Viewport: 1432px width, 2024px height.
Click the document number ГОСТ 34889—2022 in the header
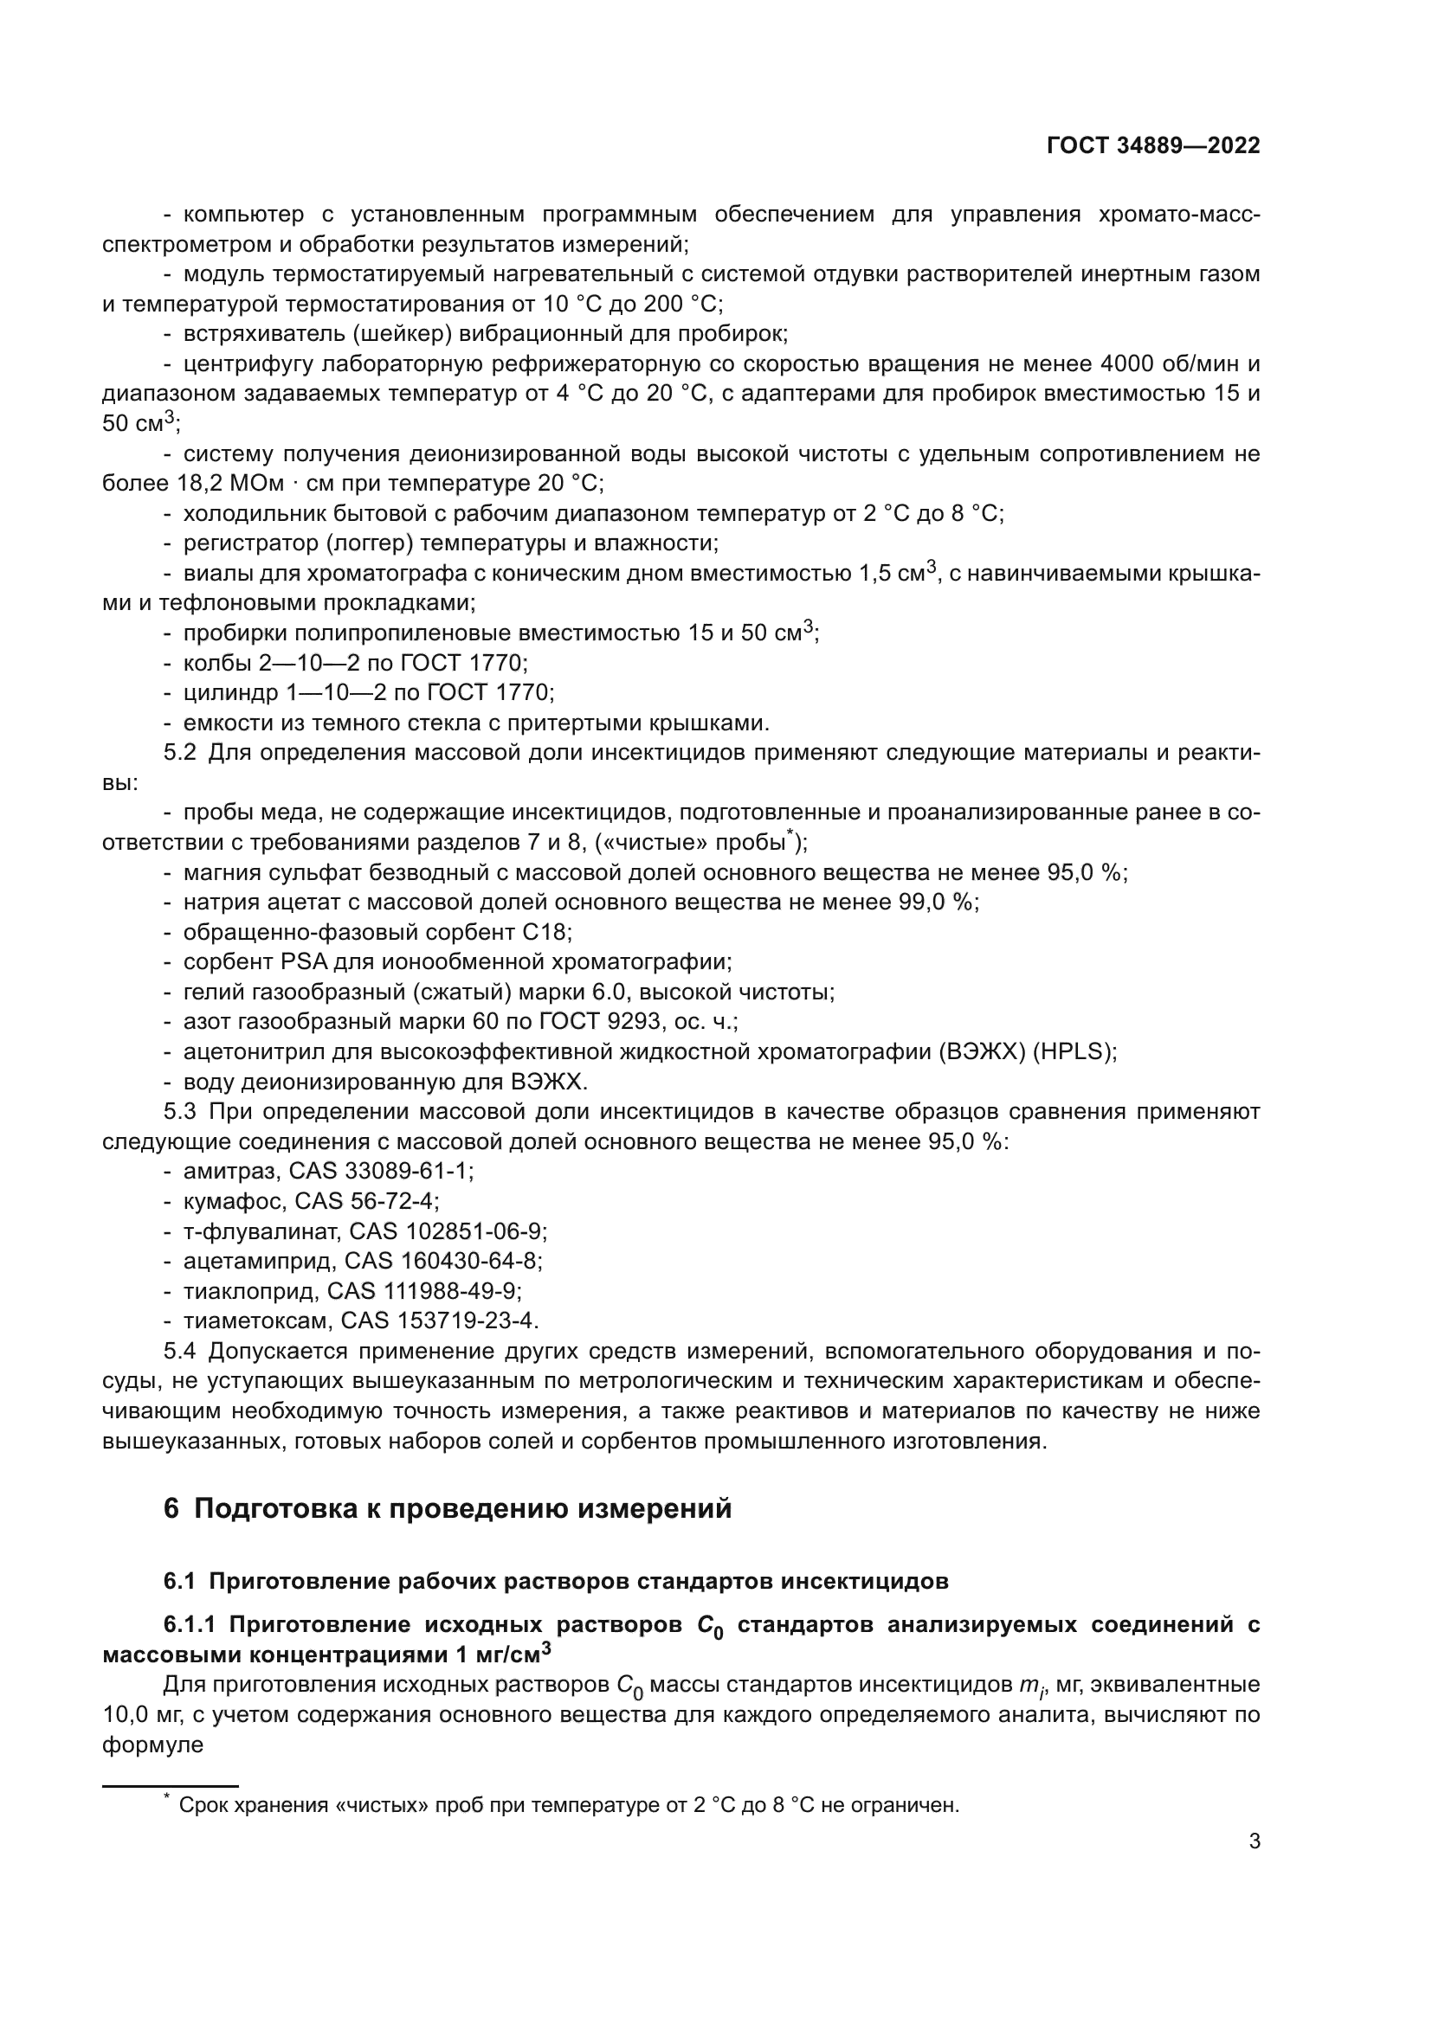tap(1152, 146)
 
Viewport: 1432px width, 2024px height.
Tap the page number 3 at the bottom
tap(1254, 1841)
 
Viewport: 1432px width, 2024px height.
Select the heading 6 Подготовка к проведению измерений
tap(447, 1508)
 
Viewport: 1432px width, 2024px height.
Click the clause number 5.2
tap(180, 753)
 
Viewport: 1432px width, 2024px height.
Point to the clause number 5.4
tap(180, 1351)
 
